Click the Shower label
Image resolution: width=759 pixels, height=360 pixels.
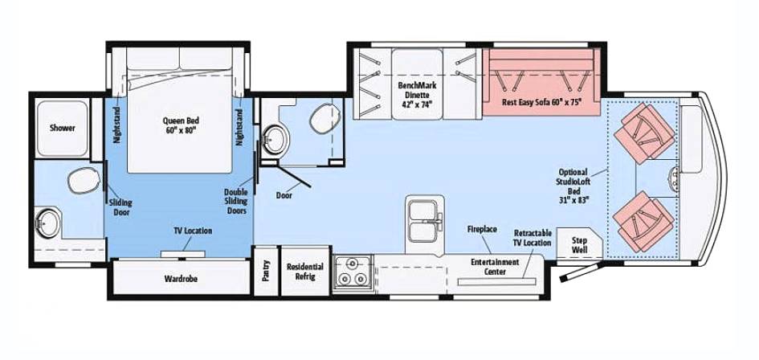pos(63,128)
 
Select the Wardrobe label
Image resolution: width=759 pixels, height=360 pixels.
pos(181,279)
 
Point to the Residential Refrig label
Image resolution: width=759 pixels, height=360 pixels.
pos(305,272)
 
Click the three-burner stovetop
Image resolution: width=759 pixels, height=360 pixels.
pos(353,272)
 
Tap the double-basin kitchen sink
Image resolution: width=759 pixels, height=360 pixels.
pos(425,221)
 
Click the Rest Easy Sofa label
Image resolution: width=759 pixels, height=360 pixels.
pos(541,102)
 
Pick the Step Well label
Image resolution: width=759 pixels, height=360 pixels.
pos(579,244)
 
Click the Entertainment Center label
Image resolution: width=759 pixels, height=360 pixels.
pos(495,267)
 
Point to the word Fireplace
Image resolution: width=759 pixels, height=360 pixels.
pos(482,229)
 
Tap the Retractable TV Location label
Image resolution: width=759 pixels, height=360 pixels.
pos(533,237)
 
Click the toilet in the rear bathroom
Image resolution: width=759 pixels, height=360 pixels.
pos(84,180)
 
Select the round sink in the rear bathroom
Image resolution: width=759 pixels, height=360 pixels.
pos(48,223)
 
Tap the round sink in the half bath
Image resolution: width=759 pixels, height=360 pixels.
pos(275,140)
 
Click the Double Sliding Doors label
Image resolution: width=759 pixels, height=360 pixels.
pos(236,201)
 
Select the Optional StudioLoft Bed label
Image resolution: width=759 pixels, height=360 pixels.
pos(573,185)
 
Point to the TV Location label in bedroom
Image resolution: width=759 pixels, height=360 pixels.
pos(193,231)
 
